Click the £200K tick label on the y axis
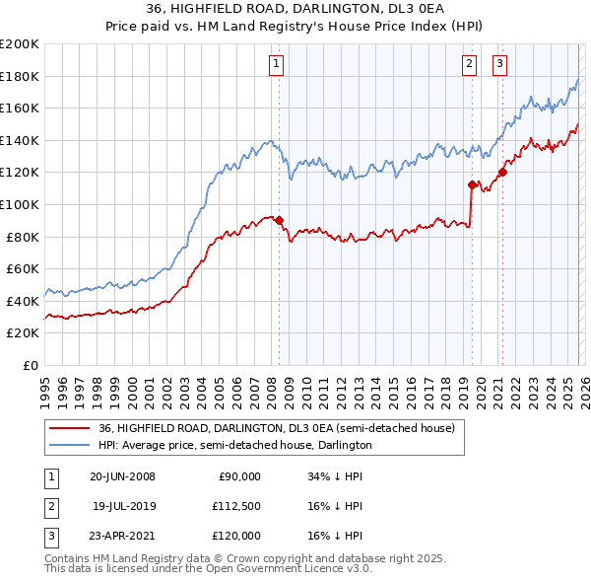click(x=20, y=44)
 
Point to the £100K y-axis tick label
click(x=20, y=205)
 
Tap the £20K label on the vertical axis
click(x=23, y=333)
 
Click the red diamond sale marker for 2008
click(x=279, y=220)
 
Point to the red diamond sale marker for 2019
click(x=472, y=184)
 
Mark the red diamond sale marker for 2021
click(x=502, y=172)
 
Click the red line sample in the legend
click(x=70, y=429)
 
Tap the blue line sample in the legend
click(x=70, y=446)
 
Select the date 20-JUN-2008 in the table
click(x=122, y=476)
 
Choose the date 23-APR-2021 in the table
click(x=122, y=536)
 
